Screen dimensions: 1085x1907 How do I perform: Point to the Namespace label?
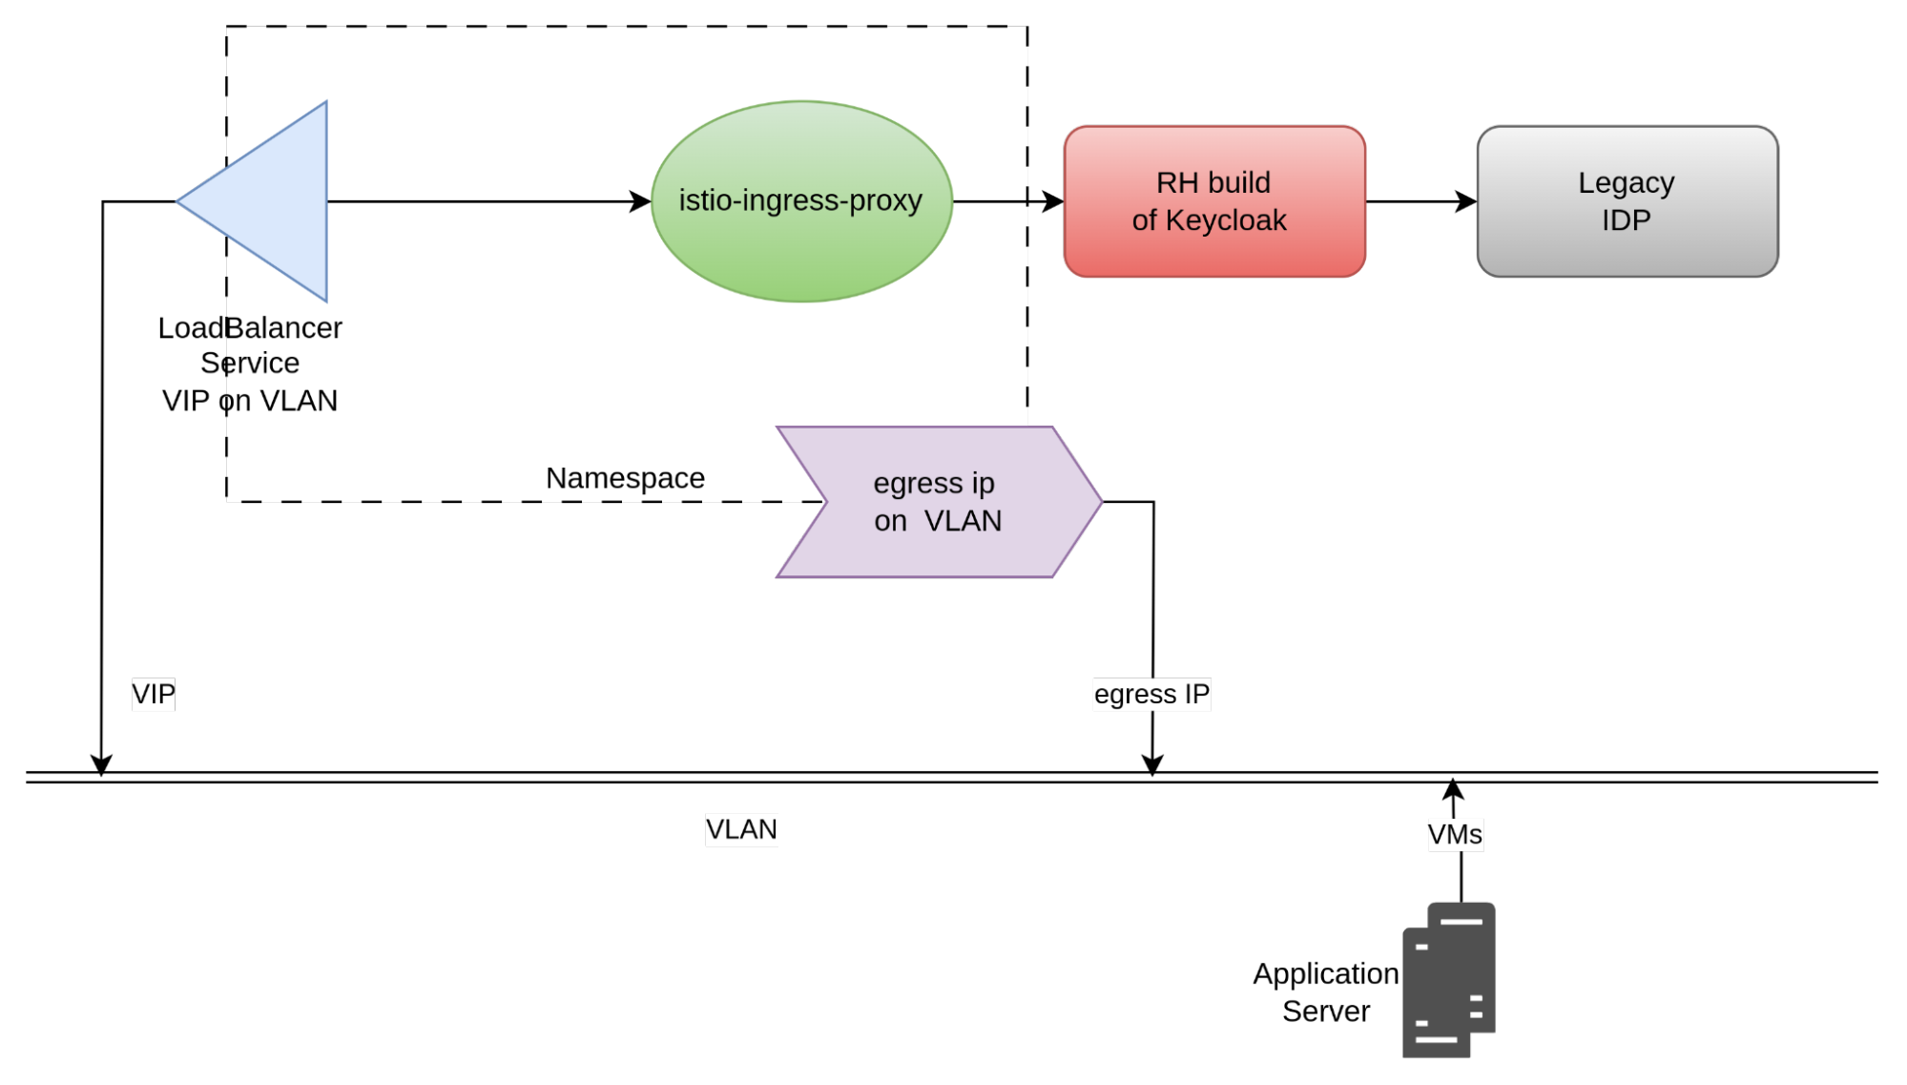[x=625, y=478]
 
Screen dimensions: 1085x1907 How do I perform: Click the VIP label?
[x=154, y=694]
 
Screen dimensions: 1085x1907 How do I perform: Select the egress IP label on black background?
[x=1151, y=694]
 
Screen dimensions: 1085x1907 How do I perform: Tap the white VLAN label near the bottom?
[x=741, y=829]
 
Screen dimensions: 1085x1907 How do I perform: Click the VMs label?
[x=1455, y=835]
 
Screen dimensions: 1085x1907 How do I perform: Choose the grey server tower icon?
[x=1449, y=980]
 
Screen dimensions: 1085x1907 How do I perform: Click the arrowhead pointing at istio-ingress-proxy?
[x=640, y=201]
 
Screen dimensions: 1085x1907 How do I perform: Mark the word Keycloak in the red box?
[x=1226, y=220]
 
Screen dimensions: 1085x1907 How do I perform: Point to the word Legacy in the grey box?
[x=1626, y=182]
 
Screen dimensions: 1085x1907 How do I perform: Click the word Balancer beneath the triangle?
[x=284, y=328]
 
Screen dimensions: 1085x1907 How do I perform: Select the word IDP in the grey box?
[x=1626, y=220]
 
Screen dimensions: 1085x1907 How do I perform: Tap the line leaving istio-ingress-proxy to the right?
[x=989, y=201]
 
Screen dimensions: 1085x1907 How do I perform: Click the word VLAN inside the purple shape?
[x=963, y=521]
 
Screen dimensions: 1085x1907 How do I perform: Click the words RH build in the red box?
[x=1213, y=182]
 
